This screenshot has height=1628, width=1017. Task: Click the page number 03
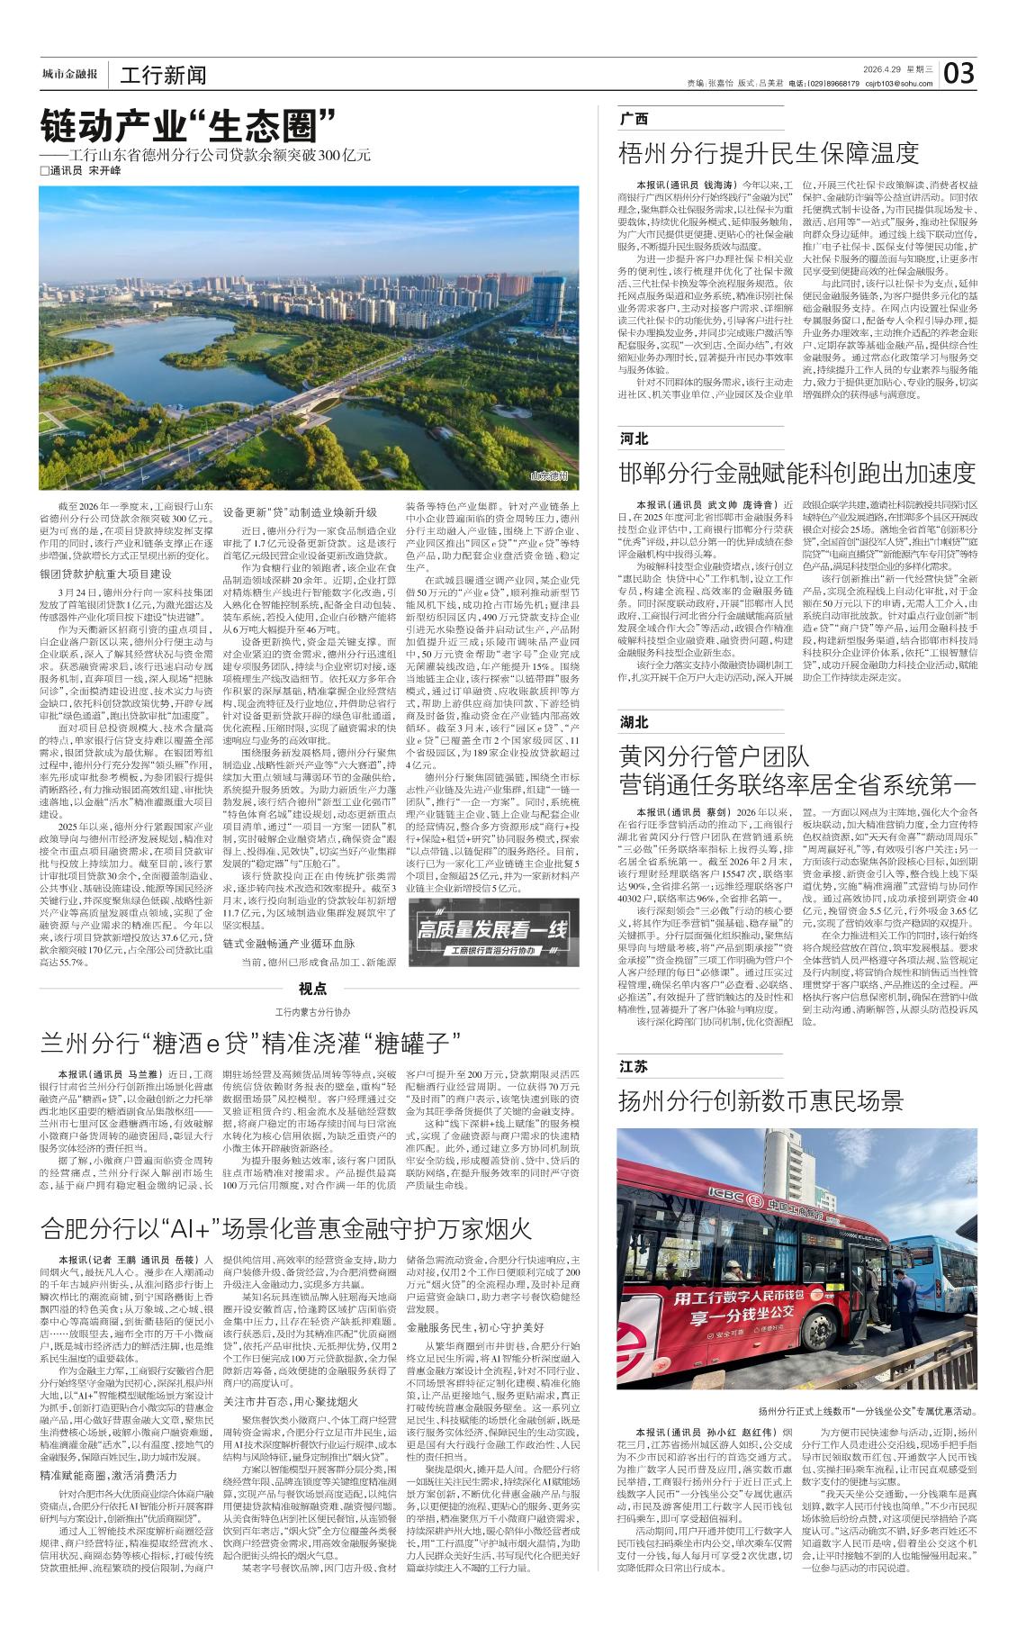coord(959,73)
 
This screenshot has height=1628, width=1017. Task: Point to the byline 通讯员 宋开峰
coord(85,171)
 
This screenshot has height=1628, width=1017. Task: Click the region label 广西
coord(634,119)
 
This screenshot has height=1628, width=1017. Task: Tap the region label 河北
coord(634,439)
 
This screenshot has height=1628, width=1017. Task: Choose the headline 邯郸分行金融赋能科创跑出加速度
coord(796,472)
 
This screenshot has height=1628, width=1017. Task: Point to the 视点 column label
coord(312,989)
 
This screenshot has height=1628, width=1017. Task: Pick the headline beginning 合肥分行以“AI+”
coord(286,1228)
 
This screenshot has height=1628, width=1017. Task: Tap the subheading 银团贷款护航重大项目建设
coord(104,574)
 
